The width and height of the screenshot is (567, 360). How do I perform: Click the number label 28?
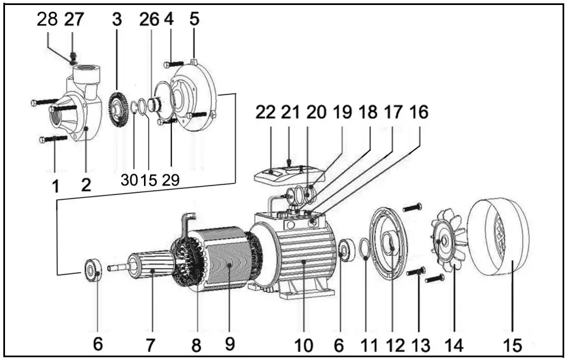point(47,19)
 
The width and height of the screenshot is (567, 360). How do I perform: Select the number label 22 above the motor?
point(266,112)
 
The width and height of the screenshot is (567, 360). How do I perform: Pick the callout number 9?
point(230,344)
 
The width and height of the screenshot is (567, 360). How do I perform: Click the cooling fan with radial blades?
point(451,242)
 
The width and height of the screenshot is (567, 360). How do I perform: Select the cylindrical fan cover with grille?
point(498,239)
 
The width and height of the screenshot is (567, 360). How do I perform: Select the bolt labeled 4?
point(173,64)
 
